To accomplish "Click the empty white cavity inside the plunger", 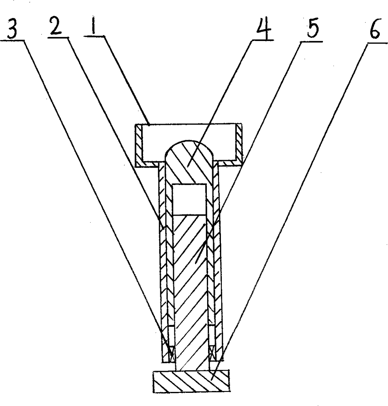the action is (x=189, y=199).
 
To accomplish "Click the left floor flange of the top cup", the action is (x=147, y=163).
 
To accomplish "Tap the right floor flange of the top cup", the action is (x=230, y=163).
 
